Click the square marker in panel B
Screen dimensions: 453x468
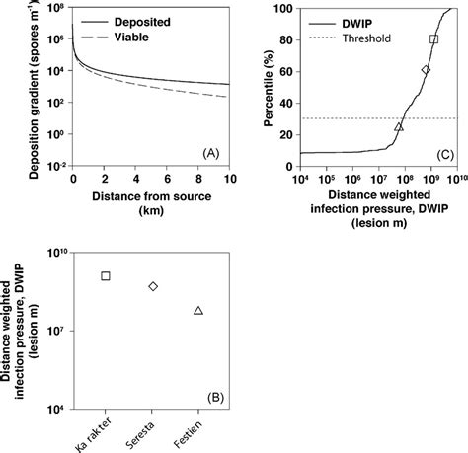(106, 275)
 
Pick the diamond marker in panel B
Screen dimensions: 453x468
(153, 286)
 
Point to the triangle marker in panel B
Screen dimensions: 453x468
(198, 311)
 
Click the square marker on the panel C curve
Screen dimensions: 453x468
(433, 39)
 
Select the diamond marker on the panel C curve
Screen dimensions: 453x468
(426, 70)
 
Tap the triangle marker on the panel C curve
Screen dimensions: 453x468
(399, 126)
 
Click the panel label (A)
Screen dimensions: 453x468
(209, 153)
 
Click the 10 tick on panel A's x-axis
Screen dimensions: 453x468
(230, 177)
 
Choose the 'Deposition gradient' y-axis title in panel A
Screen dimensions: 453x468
(20, 84)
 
